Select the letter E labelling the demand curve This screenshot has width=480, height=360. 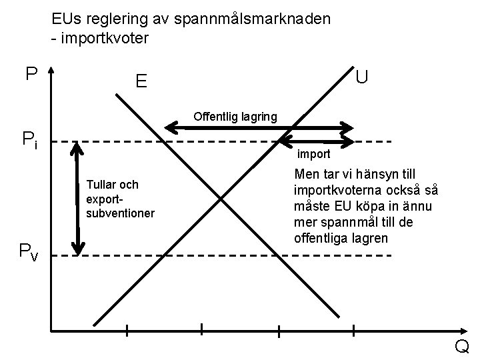click(141, 82)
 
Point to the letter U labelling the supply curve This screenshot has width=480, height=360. click(362, 77)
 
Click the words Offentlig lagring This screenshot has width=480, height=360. click(235, 117)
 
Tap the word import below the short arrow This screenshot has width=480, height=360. click(313, 154)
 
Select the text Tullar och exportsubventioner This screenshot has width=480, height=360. click(120, 199)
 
